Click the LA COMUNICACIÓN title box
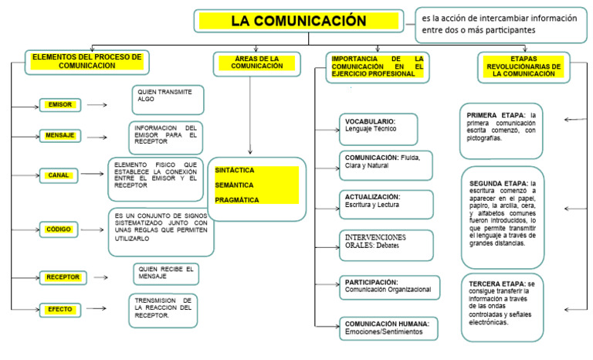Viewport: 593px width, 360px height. pyautogui.click(x=298, y=21)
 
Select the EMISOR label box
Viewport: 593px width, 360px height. pyautogui.click(x=60, y=104)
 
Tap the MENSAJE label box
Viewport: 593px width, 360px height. pyautogui.click(x=60, y=136)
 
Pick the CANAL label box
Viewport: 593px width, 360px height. pyautogui.click(x=60, y=175)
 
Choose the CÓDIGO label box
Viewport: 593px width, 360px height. pyautogui.click(x=60, y=229)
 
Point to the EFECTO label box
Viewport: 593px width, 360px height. pyautogui.click(x=60, y=309)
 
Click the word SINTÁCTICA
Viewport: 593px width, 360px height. pyautogui.click(x=235, y=170)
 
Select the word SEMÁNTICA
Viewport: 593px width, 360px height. pyautogui.click(x=233, y=185)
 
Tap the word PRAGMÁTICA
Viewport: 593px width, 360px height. pyautogui.click(x=236, y=200)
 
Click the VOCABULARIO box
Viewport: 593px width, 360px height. pyautogui.click(x=378, y=129)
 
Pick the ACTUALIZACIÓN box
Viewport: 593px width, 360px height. pyautogui.click(x=385, y=204)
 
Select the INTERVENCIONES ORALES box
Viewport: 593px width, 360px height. pyautogui.click(x=384, y=245)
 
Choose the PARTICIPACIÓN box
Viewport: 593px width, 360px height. pyautogui.click(x=389, y=287)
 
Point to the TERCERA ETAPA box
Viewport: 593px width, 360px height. pyautogui.click(x=501, y=306)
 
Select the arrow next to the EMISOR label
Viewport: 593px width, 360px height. pyautogui.click(x=97, y=104)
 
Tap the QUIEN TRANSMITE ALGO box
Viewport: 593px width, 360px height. pyautogui.click(x=168, y=100)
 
